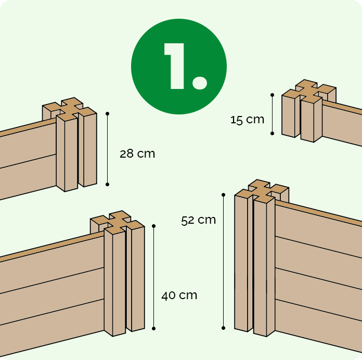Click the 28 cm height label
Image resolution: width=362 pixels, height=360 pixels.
click(x=137, y=154)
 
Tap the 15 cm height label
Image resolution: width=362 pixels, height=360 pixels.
click(x=247, y=120)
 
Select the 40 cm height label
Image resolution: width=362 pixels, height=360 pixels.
click(x=179, y=295)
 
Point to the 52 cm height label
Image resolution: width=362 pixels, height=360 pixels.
click(x=198, y=220)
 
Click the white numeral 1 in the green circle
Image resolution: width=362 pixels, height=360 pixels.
click(x=175, y=66)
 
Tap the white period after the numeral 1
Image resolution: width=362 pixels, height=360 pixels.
click(x=200, y=82)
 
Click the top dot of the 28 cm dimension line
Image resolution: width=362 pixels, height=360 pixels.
click(x=107, y=113)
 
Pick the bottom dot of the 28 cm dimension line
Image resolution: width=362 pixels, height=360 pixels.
click(x=107, y=184)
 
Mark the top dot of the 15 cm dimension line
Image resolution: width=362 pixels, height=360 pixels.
click(x=272, y=95)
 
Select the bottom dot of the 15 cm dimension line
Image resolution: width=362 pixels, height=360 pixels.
click(x=272, y=133)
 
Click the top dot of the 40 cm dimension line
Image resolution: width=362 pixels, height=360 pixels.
click(x=154, y=226)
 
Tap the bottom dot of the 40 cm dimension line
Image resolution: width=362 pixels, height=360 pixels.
click(x=154, y=328)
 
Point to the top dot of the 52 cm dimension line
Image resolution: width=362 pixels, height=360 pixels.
click(x=223, y=195)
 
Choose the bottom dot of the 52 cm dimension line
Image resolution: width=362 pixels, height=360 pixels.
click(x=223, y=328)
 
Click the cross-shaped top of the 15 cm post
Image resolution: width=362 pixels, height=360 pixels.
click(x=309, y=90)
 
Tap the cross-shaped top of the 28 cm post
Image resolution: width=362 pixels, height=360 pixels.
click(x=70, y=108)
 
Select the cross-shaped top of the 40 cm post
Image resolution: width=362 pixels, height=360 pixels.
click(x=117, y=222)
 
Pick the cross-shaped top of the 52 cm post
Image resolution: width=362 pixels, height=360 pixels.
click(x=262, y=190)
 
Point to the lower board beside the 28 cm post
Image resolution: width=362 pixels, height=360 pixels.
click(x=28, y=176)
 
